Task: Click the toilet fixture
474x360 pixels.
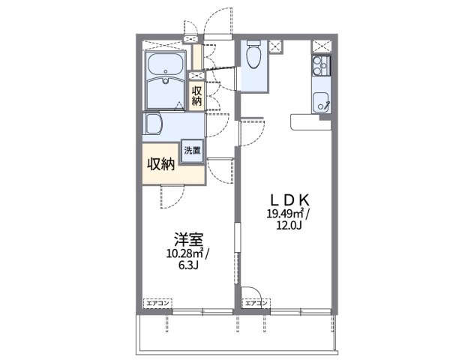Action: [x=253, y=55]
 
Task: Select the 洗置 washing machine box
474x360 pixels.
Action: [x=193, y=150]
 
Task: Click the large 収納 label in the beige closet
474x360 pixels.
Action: [x=160, y=164]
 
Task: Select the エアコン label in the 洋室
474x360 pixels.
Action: [x=158, y=302]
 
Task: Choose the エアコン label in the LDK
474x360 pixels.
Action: [x=256, y=302]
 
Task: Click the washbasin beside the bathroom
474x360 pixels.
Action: [x=154, y=123]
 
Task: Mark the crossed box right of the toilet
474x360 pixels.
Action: [x=275, y=46]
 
